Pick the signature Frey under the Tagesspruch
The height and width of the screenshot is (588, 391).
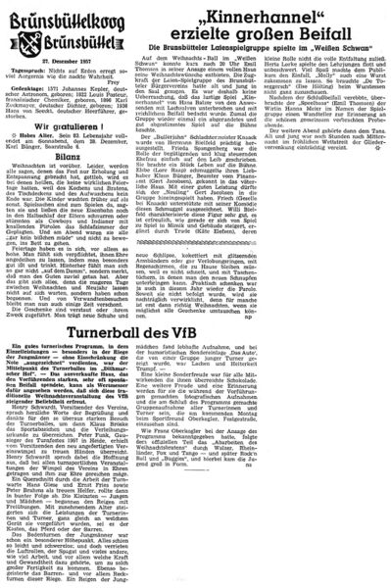coord(117,70)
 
